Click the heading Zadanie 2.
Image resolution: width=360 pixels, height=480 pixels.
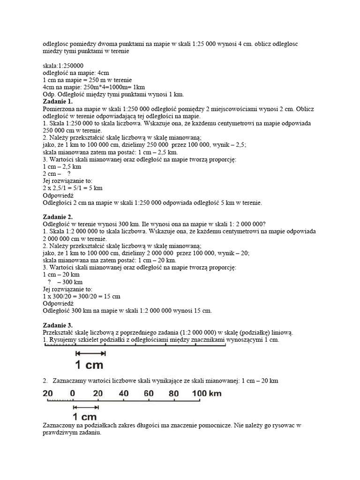[x=58, y=217]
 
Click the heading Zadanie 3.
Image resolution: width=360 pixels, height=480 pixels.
[x=58, y=325]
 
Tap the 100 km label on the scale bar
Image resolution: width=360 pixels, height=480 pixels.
[x=207, y=393]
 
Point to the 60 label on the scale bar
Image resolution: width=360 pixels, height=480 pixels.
[x=149, y=393]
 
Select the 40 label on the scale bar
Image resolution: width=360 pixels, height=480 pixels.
[x=123, y=393]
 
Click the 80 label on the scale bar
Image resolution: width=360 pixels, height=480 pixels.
[x=173, y=393]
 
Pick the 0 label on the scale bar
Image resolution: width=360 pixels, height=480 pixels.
[x=72, y=393]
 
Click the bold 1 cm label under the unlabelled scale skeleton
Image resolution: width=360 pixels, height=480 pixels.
[x=89, y=364]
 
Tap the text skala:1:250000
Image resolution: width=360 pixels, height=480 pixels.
[x=63, y=65]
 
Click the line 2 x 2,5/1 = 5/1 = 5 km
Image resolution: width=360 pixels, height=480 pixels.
[x=73, y=188]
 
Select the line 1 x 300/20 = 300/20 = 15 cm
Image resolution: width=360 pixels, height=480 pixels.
[x=82, y=296]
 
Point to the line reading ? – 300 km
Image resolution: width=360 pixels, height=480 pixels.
[x=65, y=282]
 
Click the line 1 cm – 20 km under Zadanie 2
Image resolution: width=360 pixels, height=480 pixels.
[x=61, y=274]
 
